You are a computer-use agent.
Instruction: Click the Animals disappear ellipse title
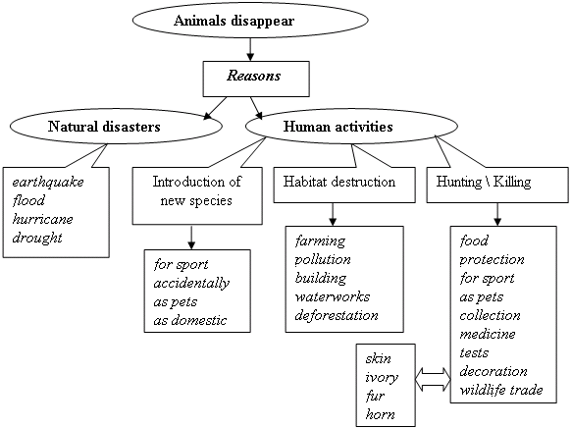(234, 21)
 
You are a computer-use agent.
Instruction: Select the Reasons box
(256, 80)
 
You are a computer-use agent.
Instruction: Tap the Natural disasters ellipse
(116, 127)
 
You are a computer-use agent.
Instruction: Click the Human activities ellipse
(351, 127)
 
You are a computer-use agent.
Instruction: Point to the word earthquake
(48, 183)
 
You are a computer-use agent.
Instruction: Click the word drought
(37, 238)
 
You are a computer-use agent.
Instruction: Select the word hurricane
(42, 219)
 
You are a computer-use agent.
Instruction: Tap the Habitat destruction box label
(339, 182)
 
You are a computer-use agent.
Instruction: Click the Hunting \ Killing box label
(484, 182)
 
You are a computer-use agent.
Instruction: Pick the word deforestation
(337, 315)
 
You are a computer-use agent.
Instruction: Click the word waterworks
(333, 296)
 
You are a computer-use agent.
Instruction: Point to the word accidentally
(191, 284)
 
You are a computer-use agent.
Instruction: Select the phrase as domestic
(190, 321)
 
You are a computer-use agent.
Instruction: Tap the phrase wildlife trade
(501, 390)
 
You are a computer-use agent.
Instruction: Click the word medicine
(488, 334)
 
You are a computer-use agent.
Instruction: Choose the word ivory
(382, 378)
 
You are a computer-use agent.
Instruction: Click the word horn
(380, 415)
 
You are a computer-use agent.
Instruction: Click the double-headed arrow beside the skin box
(433, 379)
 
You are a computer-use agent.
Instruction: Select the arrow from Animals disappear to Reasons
(250, 49)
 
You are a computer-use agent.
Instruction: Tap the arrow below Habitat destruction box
(333, 214)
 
